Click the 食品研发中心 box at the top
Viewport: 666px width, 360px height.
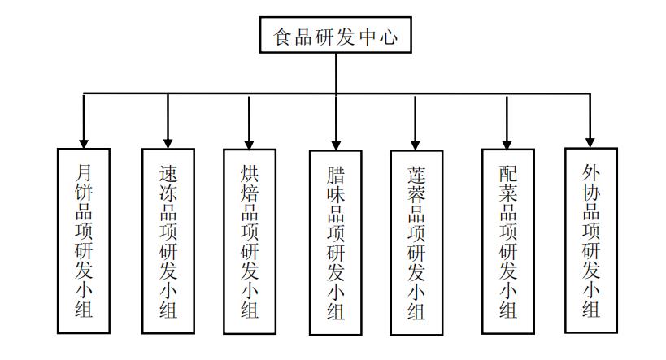coord(336,35)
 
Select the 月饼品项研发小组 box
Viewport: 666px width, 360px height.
coord(84,241)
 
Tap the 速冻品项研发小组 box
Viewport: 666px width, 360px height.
coord(168,241)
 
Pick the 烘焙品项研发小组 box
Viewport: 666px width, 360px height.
coord(250,241)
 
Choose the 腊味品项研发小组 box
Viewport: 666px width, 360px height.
coord(336,242)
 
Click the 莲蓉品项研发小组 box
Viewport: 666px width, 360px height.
coord(416,242)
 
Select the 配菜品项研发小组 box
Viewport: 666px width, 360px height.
coord(508,241)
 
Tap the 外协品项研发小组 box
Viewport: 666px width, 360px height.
coord(591,241)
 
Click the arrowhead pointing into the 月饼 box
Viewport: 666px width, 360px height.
coord(84,144)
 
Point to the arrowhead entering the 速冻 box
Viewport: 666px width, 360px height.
coord(168,144)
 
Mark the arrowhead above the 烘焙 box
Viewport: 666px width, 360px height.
coord(250,145)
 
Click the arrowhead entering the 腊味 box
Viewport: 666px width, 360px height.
coord(336,145)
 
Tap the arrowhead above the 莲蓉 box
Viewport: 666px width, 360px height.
coord(416,145)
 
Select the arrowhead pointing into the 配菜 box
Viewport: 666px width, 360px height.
coord(507,144)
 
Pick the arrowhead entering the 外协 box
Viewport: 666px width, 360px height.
coord(590,143)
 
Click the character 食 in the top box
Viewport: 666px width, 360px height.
coord(282,37)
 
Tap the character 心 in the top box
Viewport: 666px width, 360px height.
coord(389,37)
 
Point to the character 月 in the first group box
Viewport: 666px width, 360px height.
coord(84,173)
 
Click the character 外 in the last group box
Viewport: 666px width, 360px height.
coord(591,172)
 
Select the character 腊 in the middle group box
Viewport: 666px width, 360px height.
coord(336,175)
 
